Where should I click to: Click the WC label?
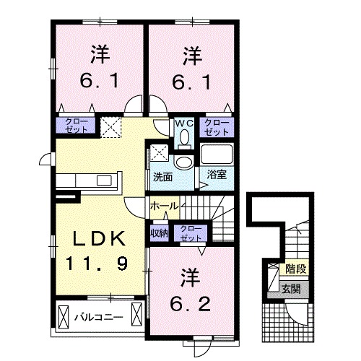click(x=183, y=123)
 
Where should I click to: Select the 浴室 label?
click(x=217, y=174)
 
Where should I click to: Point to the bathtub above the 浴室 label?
click(x=217, y=155)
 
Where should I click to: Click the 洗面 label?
click(x=162, y=175)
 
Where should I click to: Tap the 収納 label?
click(x=159, y=232)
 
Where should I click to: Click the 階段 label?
click(x=295, y=269)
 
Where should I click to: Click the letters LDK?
click(x=100, y=239)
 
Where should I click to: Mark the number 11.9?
click(x=100, y=264)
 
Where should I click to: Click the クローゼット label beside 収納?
click(x=191, y=232)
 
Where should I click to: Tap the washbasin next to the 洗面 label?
click(x=183, y=161)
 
